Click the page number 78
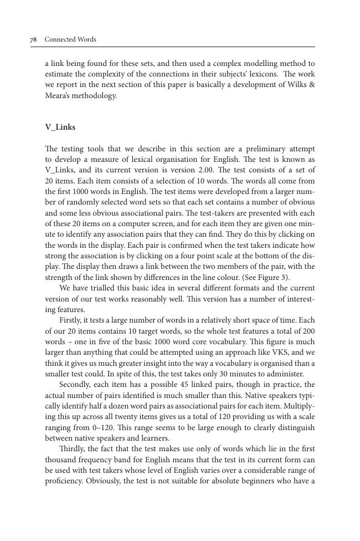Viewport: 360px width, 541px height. [33, 39]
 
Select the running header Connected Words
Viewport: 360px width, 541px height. [70, 39]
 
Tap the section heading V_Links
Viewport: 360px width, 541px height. [60, 127]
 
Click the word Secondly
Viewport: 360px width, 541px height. [76, 384]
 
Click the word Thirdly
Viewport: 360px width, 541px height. [73, 448]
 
